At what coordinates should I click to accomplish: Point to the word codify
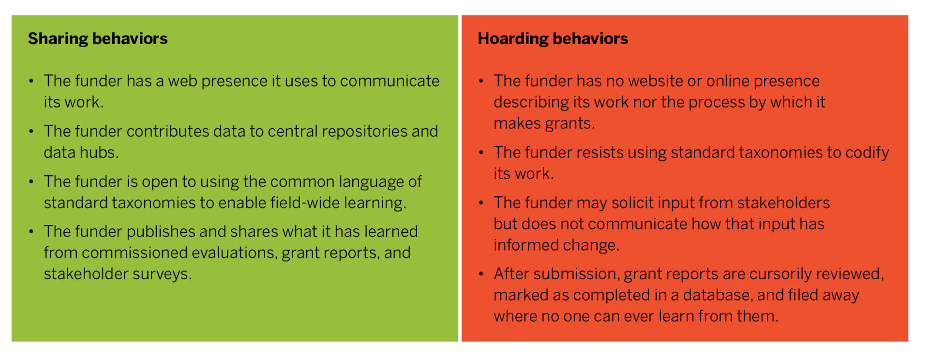pyautogui.click(x=867, y=153)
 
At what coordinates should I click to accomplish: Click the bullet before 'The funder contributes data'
pyautogui.click(x=31, y=132)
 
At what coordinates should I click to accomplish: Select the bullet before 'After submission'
pyautogui.click(x=481, y=274)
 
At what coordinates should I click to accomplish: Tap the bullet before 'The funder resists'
pyautogui.click(x=481, y=153)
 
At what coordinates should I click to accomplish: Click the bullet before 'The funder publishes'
pyautogui.click(x=31, y=232)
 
